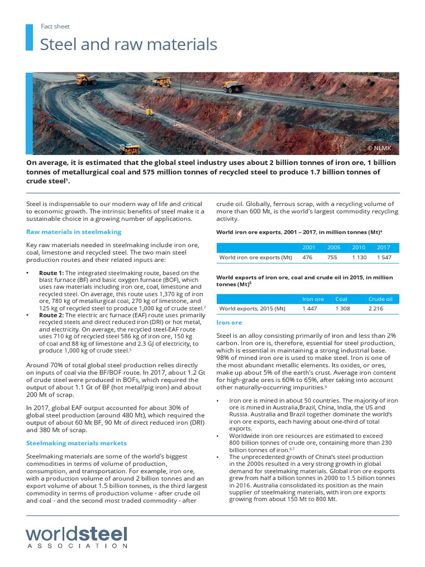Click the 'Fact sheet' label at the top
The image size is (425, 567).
(55, 26)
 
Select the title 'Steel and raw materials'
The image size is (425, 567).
(128, 44)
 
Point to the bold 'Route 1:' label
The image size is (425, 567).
(51, 273)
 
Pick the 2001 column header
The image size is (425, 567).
(309, 247)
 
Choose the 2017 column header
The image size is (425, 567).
(383, 247)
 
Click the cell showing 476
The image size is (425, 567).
(308, 257)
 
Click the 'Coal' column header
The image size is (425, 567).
(341, 299)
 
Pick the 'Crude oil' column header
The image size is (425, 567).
(380, 299)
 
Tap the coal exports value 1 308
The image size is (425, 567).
(343, 309)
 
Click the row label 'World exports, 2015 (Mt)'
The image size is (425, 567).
(252, 309)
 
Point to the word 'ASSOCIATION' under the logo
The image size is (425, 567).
(76, 546)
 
